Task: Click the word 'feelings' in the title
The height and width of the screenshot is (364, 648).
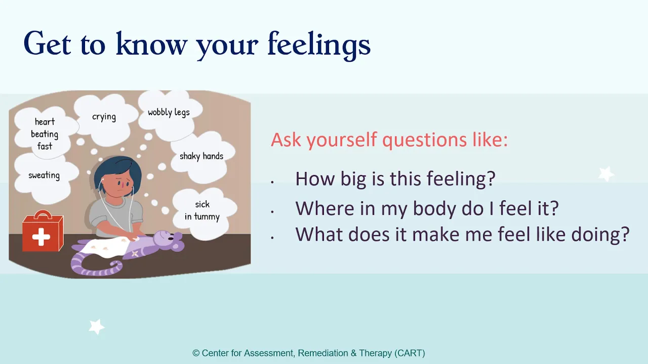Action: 319,45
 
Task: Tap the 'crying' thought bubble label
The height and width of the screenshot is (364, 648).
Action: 104,117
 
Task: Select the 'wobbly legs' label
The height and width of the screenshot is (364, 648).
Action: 169,112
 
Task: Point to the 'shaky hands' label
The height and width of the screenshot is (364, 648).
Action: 201,156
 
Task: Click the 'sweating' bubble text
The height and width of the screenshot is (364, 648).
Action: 44,175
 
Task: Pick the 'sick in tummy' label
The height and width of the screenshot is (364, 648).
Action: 202,211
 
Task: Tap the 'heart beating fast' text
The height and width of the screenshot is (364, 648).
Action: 45,134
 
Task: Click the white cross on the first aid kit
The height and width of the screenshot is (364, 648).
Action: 41,237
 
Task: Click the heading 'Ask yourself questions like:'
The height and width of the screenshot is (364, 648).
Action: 389,140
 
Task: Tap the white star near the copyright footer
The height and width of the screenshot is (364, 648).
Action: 96,327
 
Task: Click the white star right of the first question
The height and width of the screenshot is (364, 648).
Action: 606,174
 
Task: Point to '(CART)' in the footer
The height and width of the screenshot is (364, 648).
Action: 410,353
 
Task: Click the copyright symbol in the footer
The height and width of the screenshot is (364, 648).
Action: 196,353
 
